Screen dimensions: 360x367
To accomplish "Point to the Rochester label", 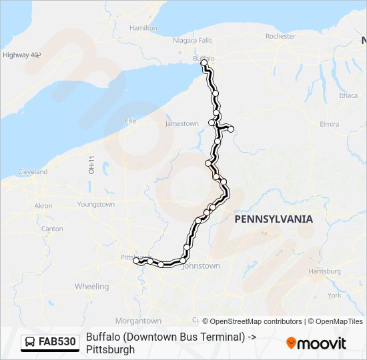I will pyautogui.click(x=280, y=36).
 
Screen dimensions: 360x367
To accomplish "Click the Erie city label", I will pyautogui.click(x=131, y=121).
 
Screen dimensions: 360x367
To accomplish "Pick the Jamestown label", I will pyautogui.click(x=182, y=124).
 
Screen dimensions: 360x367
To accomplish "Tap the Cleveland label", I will pyautogui.click(x=33, y=172).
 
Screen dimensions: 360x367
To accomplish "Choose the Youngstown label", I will pyautogui.click(x=96, y=205).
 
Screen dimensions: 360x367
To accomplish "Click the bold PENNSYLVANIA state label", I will pyautogui.click(x=274, y=219).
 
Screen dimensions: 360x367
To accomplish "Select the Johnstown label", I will pyautogui.click(x=200, y=266).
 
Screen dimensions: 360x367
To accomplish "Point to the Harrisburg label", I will pyautogui.click(x=325, y=272).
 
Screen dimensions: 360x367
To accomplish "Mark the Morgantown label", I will pyautogui.click(x=138, y=321).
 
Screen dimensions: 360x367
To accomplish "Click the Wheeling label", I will pyautogui.click(x=91, y=287).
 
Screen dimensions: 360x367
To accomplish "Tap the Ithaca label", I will pyautogui.click(x=348, y=95).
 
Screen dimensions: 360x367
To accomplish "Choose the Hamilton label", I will pyautogui.click(x=143, y=28).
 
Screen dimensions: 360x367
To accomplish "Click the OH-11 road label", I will pyautogui.click(x=92, y=165).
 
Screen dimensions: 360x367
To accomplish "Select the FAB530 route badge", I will pyautogui.click(x=50, y=343).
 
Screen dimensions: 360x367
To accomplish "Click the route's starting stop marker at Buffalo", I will pyautogui.click(x=204, y=63).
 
